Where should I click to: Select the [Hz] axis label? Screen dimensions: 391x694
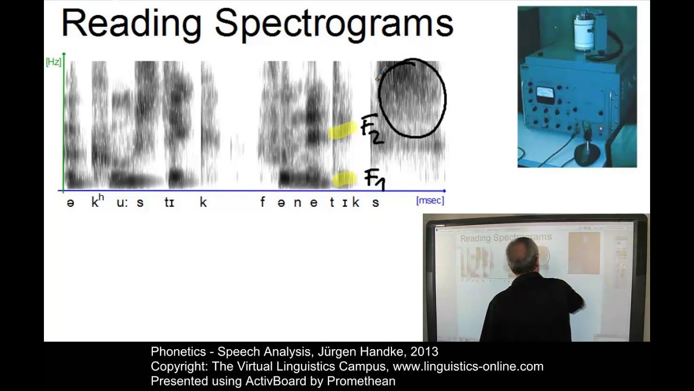coord(53,62)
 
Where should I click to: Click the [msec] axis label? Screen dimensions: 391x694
coord(430,200)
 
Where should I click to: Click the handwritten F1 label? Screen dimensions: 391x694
coord(374,179)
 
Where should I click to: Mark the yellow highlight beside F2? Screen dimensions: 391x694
coord(343,131)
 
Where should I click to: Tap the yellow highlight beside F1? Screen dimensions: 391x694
coord(344,179)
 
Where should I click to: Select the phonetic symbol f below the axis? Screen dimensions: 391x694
coord(262,203)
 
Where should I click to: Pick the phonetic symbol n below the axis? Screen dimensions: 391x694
coord(297,203)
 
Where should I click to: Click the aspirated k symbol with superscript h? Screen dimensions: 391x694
coord(97,201)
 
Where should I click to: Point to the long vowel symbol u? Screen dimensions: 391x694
coord(121,203)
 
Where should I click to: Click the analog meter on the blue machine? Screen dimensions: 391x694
coord(545,94)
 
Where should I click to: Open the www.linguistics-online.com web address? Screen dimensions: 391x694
coord(468,367)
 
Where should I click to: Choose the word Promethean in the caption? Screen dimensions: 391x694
coord(361,381)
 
